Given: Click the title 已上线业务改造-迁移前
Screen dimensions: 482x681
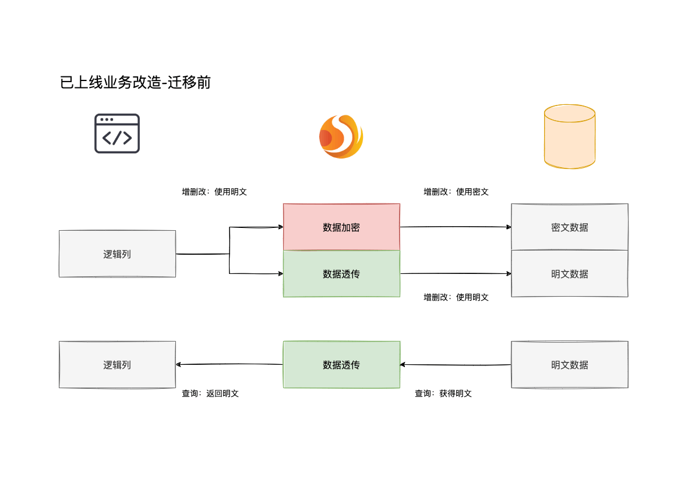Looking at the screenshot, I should pyautogui.click(x=135, y=83).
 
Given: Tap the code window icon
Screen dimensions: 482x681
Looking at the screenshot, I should pyautogui.click(x=117, y=133).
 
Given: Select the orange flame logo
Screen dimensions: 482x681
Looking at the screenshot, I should pyautogui.click(x=341, y=136).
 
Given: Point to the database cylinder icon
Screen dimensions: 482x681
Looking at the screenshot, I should pyautogui.click(x=569, y=137).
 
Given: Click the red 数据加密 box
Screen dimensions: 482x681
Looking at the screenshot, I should pyautogui.click(x=341, y=227).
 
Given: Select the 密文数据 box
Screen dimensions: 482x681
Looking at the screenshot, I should pyautogui.click(x=569, y=227).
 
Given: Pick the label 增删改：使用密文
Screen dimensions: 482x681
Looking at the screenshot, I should pyautogui.click(x=456, y=192).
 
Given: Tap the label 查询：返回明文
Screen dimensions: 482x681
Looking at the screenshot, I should pyautogui.click(x=210, y=393).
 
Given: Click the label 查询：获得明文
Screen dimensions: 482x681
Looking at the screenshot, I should pyautogui.click(x=443, y=393).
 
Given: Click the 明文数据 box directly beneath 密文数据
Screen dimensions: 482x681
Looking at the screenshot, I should pyautogui.click(x=569, y=274).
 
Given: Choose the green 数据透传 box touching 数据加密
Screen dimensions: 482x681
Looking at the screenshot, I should pyautogui.click(x=341, y=274).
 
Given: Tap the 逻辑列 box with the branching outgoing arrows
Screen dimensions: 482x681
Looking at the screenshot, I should pyautogui.click(x=117, y=254).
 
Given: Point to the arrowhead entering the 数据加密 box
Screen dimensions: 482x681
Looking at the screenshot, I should pyautogui.click(x=281, y=227).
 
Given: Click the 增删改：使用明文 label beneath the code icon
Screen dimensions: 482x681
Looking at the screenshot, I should pyautogui.click(x=214, y=192).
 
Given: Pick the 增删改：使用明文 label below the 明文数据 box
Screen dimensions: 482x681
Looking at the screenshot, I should pyautogui.click(x=456, y=297).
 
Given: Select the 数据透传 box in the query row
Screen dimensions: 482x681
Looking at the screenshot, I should pyautogui.click(x=341, y=365).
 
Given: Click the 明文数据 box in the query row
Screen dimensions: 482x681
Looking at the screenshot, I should pyautogui.click(x=569, y=365).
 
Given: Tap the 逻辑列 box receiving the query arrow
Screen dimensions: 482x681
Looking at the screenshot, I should pyautogui.click(x=117, y=365).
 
